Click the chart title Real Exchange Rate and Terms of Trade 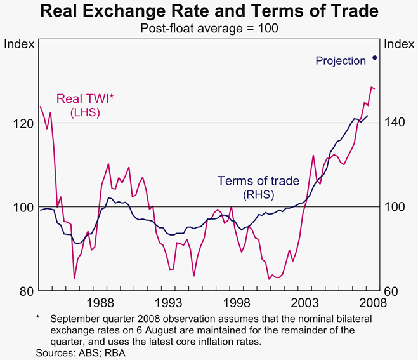(x=209, y=11)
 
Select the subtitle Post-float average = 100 (x=209, y=29)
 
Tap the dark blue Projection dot (x=375, y=58)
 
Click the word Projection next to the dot (x=341, y=61)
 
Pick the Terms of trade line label (x=258, y=181)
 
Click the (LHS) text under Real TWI (x=84, y=112)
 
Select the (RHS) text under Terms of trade (x=258, y=194)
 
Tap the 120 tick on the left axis (x=23, y=123)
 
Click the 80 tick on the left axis (x=26, y=291)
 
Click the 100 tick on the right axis (x=395, y=208)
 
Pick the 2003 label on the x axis (x=303, y=302)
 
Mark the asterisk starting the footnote (x=38, y=317)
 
